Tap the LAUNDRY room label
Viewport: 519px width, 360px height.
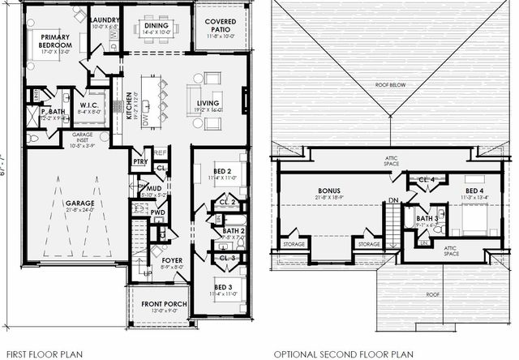click(105, 20)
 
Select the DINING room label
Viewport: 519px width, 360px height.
click(157, 25)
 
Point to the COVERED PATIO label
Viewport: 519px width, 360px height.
click(220, 25)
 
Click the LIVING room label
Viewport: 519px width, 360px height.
click(208, 103)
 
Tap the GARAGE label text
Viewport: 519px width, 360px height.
click(79, 203)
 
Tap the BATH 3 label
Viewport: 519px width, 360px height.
click(427, 218)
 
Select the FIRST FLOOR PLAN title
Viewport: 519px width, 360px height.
click(38, 354)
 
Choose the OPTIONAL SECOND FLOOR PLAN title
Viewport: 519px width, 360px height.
click(343, 354)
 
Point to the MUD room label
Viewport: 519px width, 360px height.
click(147, 189)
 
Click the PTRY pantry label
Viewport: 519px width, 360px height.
click(139, 161)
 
